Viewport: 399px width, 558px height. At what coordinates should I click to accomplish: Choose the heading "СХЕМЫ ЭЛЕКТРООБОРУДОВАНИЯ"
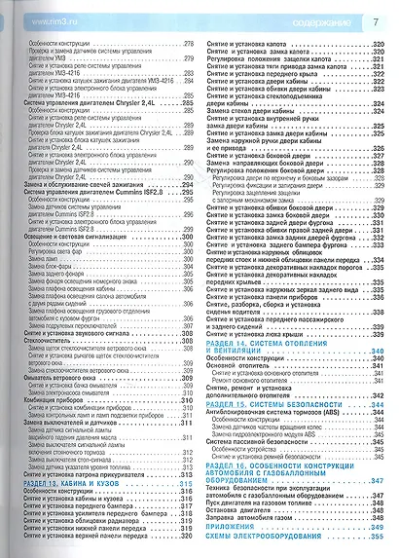264,538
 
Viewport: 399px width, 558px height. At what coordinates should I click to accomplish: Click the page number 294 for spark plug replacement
188,213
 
